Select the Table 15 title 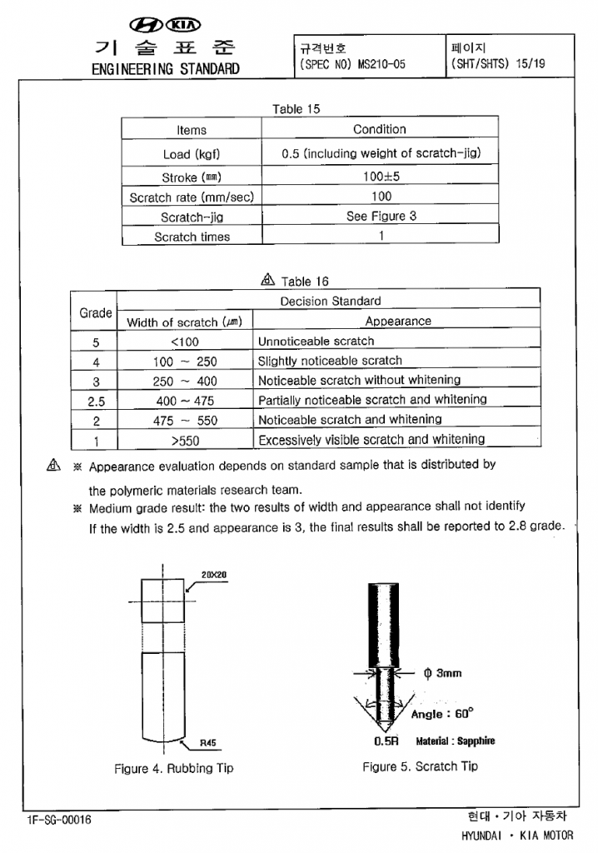pyautogui.click(x=296, y=109)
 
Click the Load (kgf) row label pyautogui.click(x=192, y=154)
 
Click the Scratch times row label pyautogui.click(x=192, y=237)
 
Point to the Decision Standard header pyautogui.click(x=331, y=302)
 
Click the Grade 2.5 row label pyautogui.click(x=96, y=401)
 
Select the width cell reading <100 pyautogui.click(x=184, y=342)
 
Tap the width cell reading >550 pyautogui.click(x=184, y=440)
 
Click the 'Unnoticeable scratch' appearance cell pyautogui.click(x=316, y=342)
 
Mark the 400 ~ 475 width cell pyautogui.click(x=184, y=401)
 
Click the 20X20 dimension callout pyautogui.click(x=213, y=575)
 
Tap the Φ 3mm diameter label pyautogui.click(x=442, y=673)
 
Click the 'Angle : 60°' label pyautogui.click(x=442, y=714)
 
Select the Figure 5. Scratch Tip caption pyautogui.click(x=421, y=766)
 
